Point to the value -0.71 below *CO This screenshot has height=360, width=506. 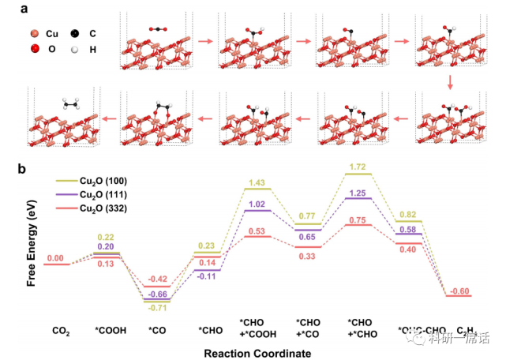(158, 307)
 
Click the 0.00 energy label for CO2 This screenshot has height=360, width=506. (55, 258)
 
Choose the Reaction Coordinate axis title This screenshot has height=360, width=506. (252, 353)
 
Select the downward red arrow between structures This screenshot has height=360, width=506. (450, 81)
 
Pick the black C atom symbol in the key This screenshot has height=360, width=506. (74, 36)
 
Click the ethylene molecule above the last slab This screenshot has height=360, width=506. (69, 103)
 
